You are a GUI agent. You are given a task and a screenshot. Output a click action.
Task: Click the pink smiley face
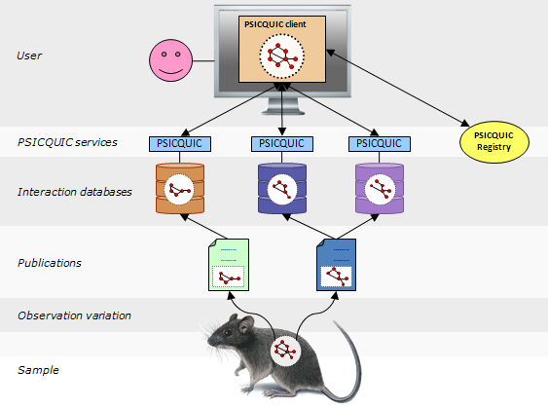[x=171, y=60]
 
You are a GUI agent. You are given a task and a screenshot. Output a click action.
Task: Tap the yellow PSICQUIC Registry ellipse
[x=493, y=141]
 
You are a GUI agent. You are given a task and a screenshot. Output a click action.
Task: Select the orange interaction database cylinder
[x=180, y=189]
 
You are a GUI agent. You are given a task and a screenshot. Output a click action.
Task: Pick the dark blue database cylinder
[x=282, y=189]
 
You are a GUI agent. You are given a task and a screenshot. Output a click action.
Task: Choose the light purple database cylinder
[x=380, y=189]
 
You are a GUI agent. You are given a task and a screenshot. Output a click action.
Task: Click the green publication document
[x=229, y=265]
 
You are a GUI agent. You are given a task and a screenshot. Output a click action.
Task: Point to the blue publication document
[x=336, y=265]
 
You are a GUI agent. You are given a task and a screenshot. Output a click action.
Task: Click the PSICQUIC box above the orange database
[x=180, y=144]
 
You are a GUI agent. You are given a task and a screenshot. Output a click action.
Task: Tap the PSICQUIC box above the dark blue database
[x=282, y=144]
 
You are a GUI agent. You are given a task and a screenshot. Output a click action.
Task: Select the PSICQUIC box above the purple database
[x=380, y=144]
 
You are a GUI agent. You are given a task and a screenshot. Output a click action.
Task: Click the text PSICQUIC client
[x=275, y=24]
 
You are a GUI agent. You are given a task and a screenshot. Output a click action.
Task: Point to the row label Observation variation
[x=74, y=315]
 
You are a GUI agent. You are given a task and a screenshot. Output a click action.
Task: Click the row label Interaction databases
[x=75, y=192]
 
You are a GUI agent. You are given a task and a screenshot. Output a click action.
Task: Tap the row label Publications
[x=50, y=263]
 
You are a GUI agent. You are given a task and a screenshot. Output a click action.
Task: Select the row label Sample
[x=38, y=370]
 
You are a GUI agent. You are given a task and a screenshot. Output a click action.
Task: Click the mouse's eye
[x=228, y=333]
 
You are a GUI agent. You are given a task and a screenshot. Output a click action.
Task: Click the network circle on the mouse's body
[x=285, y=351]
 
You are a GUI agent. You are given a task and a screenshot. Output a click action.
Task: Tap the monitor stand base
[x=282, y=111]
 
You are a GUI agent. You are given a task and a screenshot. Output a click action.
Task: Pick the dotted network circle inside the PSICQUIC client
[x=281, y=56]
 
